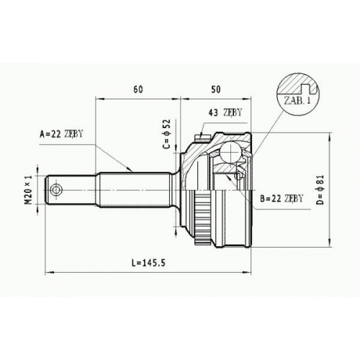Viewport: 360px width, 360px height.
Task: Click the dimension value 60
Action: (138, 89)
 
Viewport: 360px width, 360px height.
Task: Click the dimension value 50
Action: (215, 89)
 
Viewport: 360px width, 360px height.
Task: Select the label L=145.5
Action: (148, 263)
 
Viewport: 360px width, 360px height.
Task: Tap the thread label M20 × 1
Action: (29, 190)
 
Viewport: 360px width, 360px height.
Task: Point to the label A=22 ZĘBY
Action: (61, 134)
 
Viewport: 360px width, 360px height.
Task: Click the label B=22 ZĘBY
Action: (282, 199)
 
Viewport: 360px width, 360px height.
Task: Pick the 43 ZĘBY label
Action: (225, 112)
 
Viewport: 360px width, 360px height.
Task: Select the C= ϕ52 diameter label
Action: (166, 134)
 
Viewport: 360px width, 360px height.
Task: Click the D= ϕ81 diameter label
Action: (320, 190)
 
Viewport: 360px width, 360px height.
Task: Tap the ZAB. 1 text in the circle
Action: (297, 100)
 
